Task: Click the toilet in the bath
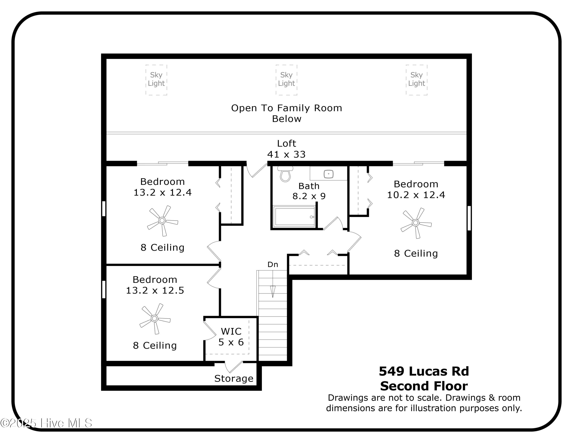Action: (x=285, y=174)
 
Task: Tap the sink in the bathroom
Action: (x=329, y=174)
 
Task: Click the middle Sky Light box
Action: (x=286, y=80)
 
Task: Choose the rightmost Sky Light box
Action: (x=416, y=80)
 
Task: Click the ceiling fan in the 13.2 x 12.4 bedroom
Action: (x=162, y=221)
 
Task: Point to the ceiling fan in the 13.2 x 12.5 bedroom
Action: (x=155, y=319)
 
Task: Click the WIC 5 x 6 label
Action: (x=231, y=337)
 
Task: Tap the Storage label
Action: (x=234, y=378)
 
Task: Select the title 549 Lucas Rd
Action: (x=424, y=371)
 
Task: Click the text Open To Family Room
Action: (x=286, y=108)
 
